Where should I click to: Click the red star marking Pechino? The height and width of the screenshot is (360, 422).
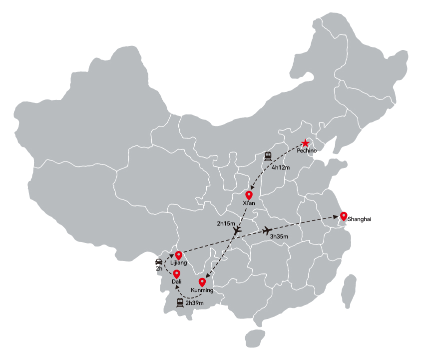pyautogui.click(x=305, y=143)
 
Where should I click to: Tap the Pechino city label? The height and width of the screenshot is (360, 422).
pyautogui.click(x=307, y=150)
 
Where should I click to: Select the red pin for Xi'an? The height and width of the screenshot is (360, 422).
pyautogui.click(x=249, y=195)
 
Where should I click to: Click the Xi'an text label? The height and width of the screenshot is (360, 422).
pyautogui.click(x=249, y=203)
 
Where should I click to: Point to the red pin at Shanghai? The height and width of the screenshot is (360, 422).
pyautogui.click(x=344, y=216)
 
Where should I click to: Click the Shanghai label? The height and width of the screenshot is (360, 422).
pyautogui.click(x=359, y=219)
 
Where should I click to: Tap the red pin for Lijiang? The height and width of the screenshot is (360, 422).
pyautogui.click(x=178, y=255)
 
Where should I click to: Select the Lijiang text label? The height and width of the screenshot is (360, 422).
pyautogui.click(x=178, y=262)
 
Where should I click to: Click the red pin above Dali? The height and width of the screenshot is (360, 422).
pyautogui.click(x=176, y=274)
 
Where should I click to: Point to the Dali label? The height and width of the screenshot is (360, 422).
pyautogui.click(x=177, y=281)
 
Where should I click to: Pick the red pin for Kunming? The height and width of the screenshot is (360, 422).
pyautogui.click(x=202, y=282)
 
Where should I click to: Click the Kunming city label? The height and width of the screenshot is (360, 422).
pyautogui.click(x=202, y=290)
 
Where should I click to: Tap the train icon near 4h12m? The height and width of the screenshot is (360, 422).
pyautogui.click(x=268, y=156)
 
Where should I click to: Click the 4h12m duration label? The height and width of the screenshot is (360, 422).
pyautogui.click(x=281, y=167)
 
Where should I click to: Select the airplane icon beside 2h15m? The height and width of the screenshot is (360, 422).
pyautogui.click(x=237, y=230)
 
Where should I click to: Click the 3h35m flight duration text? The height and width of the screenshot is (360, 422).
pyautogui.click(x=279, y=236)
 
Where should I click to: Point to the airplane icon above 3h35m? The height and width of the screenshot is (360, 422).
pyautogui.click(x=267, y=230)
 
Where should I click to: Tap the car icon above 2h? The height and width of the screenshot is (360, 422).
pyautogui.click(x=159, y=261)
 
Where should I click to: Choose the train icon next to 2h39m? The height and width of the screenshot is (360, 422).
pyautogui.click(x=180, y=302)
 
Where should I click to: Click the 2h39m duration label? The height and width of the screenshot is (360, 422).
pyautogui.click(x=195, y=303)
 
